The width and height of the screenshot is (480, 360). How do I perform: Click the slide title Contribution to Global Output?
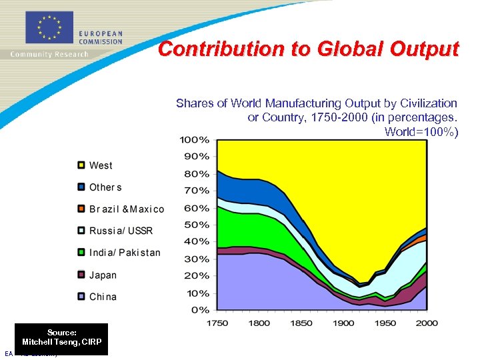point(308,49)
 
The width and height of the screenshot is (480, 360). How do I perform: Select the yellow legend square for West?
point(81,165)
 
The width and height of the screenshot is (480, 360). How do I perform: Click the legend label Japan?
point(103,275)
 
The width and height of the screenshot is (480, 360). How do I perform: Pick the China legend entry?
point(103,297)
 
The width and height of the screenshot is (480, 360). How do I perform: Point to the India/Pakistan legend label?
point(125,253)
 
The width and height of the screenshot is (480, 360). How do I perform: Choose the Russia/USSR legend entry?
point(121,231)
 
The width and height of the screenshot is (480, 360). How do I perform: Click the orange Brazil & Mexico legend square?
point(81,209)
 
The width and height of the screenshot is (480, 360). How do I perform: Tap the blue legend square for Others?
point(81,187)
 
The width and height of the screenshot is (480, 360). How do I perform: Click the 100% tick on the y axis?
point(195,140)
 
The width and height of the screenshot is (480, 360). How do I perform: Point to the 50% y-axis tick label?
point(197,225)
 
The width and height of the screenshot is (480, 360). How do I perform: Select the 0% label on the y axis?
point(200,310)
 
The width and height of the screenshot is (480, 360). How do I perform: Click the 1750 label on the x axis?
point(218,323)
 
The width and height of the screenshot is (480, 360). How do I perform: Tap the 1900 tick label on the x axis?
point(343,323)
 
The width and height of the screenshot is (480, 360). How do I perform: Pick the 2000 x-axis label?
point(426,323)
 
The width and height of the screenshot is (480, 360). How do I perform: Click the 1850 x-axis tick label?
point(301,323)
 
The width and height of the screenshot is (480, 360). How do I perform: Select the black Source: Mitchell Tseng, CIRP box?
point(61,337)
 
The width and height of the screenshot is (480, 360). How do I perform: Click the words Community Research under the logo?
point(49,55)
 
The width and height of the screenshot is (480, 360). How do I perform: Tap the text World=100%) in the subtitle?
point(421,131)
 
